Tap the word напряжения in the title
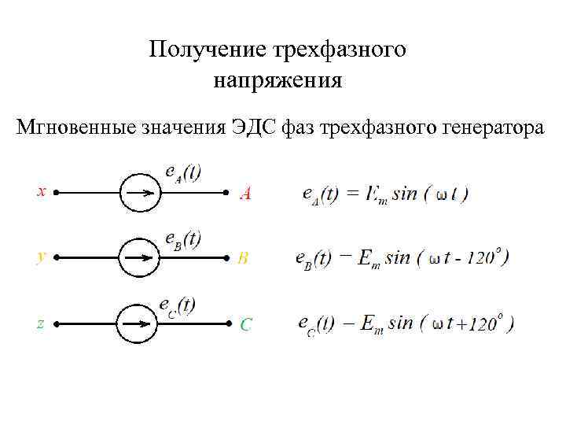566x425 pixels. pos(277,79)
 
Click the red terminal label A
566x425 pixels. pos(245,193)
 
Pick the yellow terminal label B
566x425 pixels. pos(244,258)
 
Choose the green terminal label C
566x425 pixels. pos(246,324)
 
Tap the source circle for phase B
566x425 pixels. pos(140,257)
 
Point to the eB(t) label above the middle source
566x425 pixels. pos(182,239)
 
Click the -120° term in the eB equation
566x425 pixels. pos(481,257)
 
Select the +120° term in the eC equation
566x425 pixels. pos(481,323)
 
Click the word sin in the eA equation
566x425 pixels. pos(404,194)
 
